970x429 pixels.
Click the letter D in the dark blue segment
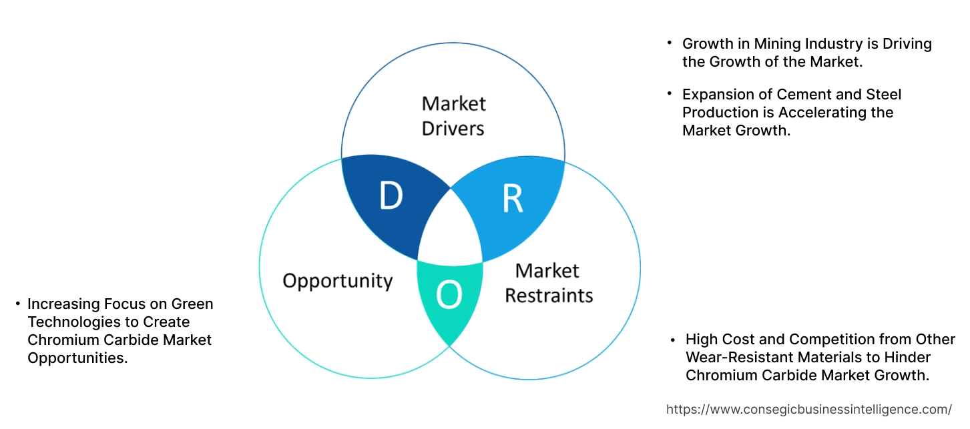(391, 195)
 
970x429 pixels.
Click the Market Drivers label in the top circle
(453, 115)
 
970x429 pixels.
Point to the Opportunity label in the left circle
(337, 280)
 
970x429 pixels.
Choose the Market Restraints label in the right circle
(548, 282)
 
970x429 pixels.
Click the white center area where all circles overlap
(451, 227)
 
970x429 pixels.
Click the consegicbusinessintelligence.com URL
(808, 410)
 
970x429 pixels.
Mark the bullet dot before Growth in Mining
(669, 43)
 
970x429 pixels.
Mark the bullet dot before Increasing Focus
(17, 304)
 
